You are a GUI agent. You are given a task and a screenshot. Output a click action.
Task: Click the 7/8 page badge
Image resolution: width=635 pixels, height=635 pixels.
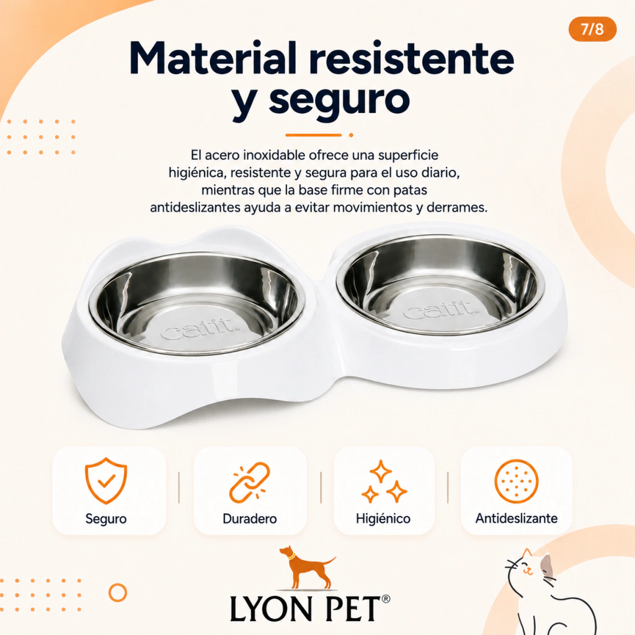(x=592, y=30)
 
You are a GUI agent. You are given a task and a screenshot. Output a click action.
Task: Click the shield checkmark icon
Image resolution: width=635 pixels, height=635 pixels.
(x=105, y=481)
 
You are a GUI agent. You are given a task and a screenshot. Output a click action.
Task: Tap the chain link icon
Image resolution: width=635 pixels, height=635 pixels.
(x=249, y=482)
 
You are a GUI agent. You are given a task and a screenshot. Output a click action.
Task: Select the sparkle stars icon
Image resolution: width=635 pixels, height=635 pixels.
(x=383, y=481)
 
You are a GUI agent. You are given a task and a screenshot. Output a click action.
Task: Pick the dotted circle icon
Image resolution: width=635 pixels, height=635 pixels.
(x=517, y=481)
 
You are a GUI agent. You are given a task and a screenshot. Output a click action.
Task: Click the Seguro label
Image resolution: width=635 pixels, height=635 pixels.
(x=105, y=518)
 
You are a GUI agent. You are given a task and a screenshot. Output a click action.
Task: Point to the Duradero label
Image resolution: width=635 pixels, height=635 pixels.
(x=249, y=518)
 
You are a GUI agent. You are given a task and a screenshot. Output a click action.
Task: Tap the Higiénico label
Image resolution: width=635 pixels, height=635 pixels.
(x=383, y=518)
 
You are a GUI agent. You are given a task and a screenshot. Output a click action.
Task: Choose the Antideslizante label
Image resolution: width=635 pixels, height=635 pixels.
(x=517, y=518)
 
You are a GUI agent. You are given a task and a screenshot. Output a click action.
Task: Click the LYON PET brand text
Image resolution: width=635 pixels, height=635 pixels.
(x=305, y=608)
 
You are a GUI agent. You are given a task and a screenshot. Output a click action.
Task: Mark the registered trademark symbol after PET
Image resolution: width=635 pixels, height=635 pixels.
(x=386, y=598)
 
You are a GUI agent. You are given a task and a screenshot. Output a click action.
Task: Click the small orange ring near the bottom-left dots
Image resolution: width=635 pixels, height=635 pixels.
(x=118, y=592)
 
